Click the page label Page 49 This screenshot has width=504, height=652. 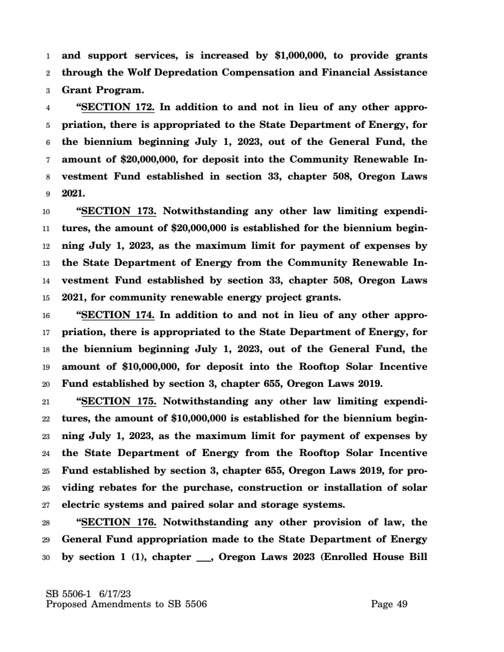point(389,604)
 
